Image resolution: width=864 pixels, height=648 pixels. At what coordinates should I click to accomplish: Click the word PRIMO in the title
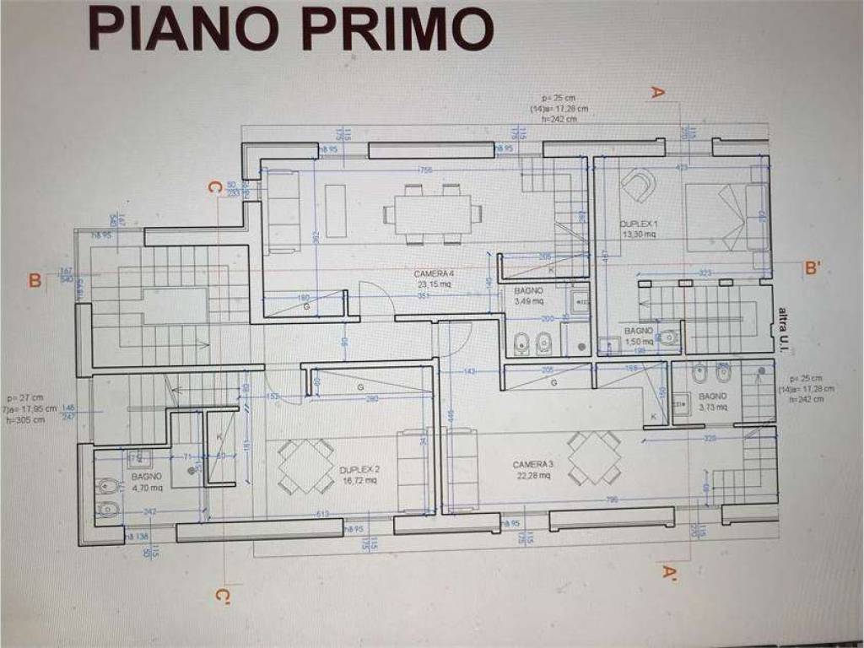tap(397, 30)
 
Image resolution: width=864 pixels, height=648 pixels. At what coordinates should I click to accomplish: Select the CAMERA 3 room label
tap(532, 469)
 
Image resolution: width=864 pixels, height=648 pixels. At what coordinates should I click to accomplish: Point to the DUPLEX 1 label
tap(639, 229)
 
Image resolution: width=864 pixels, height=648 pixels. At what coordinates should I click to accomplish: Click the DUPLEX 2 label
tap(360, 474)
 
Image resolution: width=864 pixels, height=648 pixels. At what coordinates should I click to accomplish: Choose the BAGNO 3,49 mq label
tap(528, 295)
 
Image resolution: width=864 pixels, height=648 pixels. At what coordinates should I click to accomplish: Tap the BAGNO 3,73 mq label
tap(712, 401)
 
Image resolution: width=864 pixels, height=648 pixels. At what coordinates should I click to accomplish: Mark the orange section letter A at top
tap(658, 93)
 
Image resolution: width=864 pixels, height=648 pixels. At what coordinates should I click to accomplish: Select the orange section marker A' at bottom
tap(671, 574)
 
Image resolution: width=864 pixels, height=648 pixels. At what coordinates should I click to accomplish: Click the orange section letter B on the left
tap(35, 280)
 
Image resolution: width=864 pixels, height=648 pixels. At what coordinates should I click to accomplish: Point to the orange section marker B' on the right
tap(813, 269)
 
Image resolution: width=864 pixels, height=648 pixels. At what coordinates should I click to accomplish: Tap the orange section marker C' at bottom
tap(222, 597)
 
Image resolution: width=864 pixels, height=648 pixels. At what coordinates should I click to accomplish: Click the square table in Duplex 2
tap(306, 466)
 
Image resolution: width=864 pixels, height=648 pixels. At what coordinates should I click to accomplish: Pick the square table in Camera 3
tap(594, 458)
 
